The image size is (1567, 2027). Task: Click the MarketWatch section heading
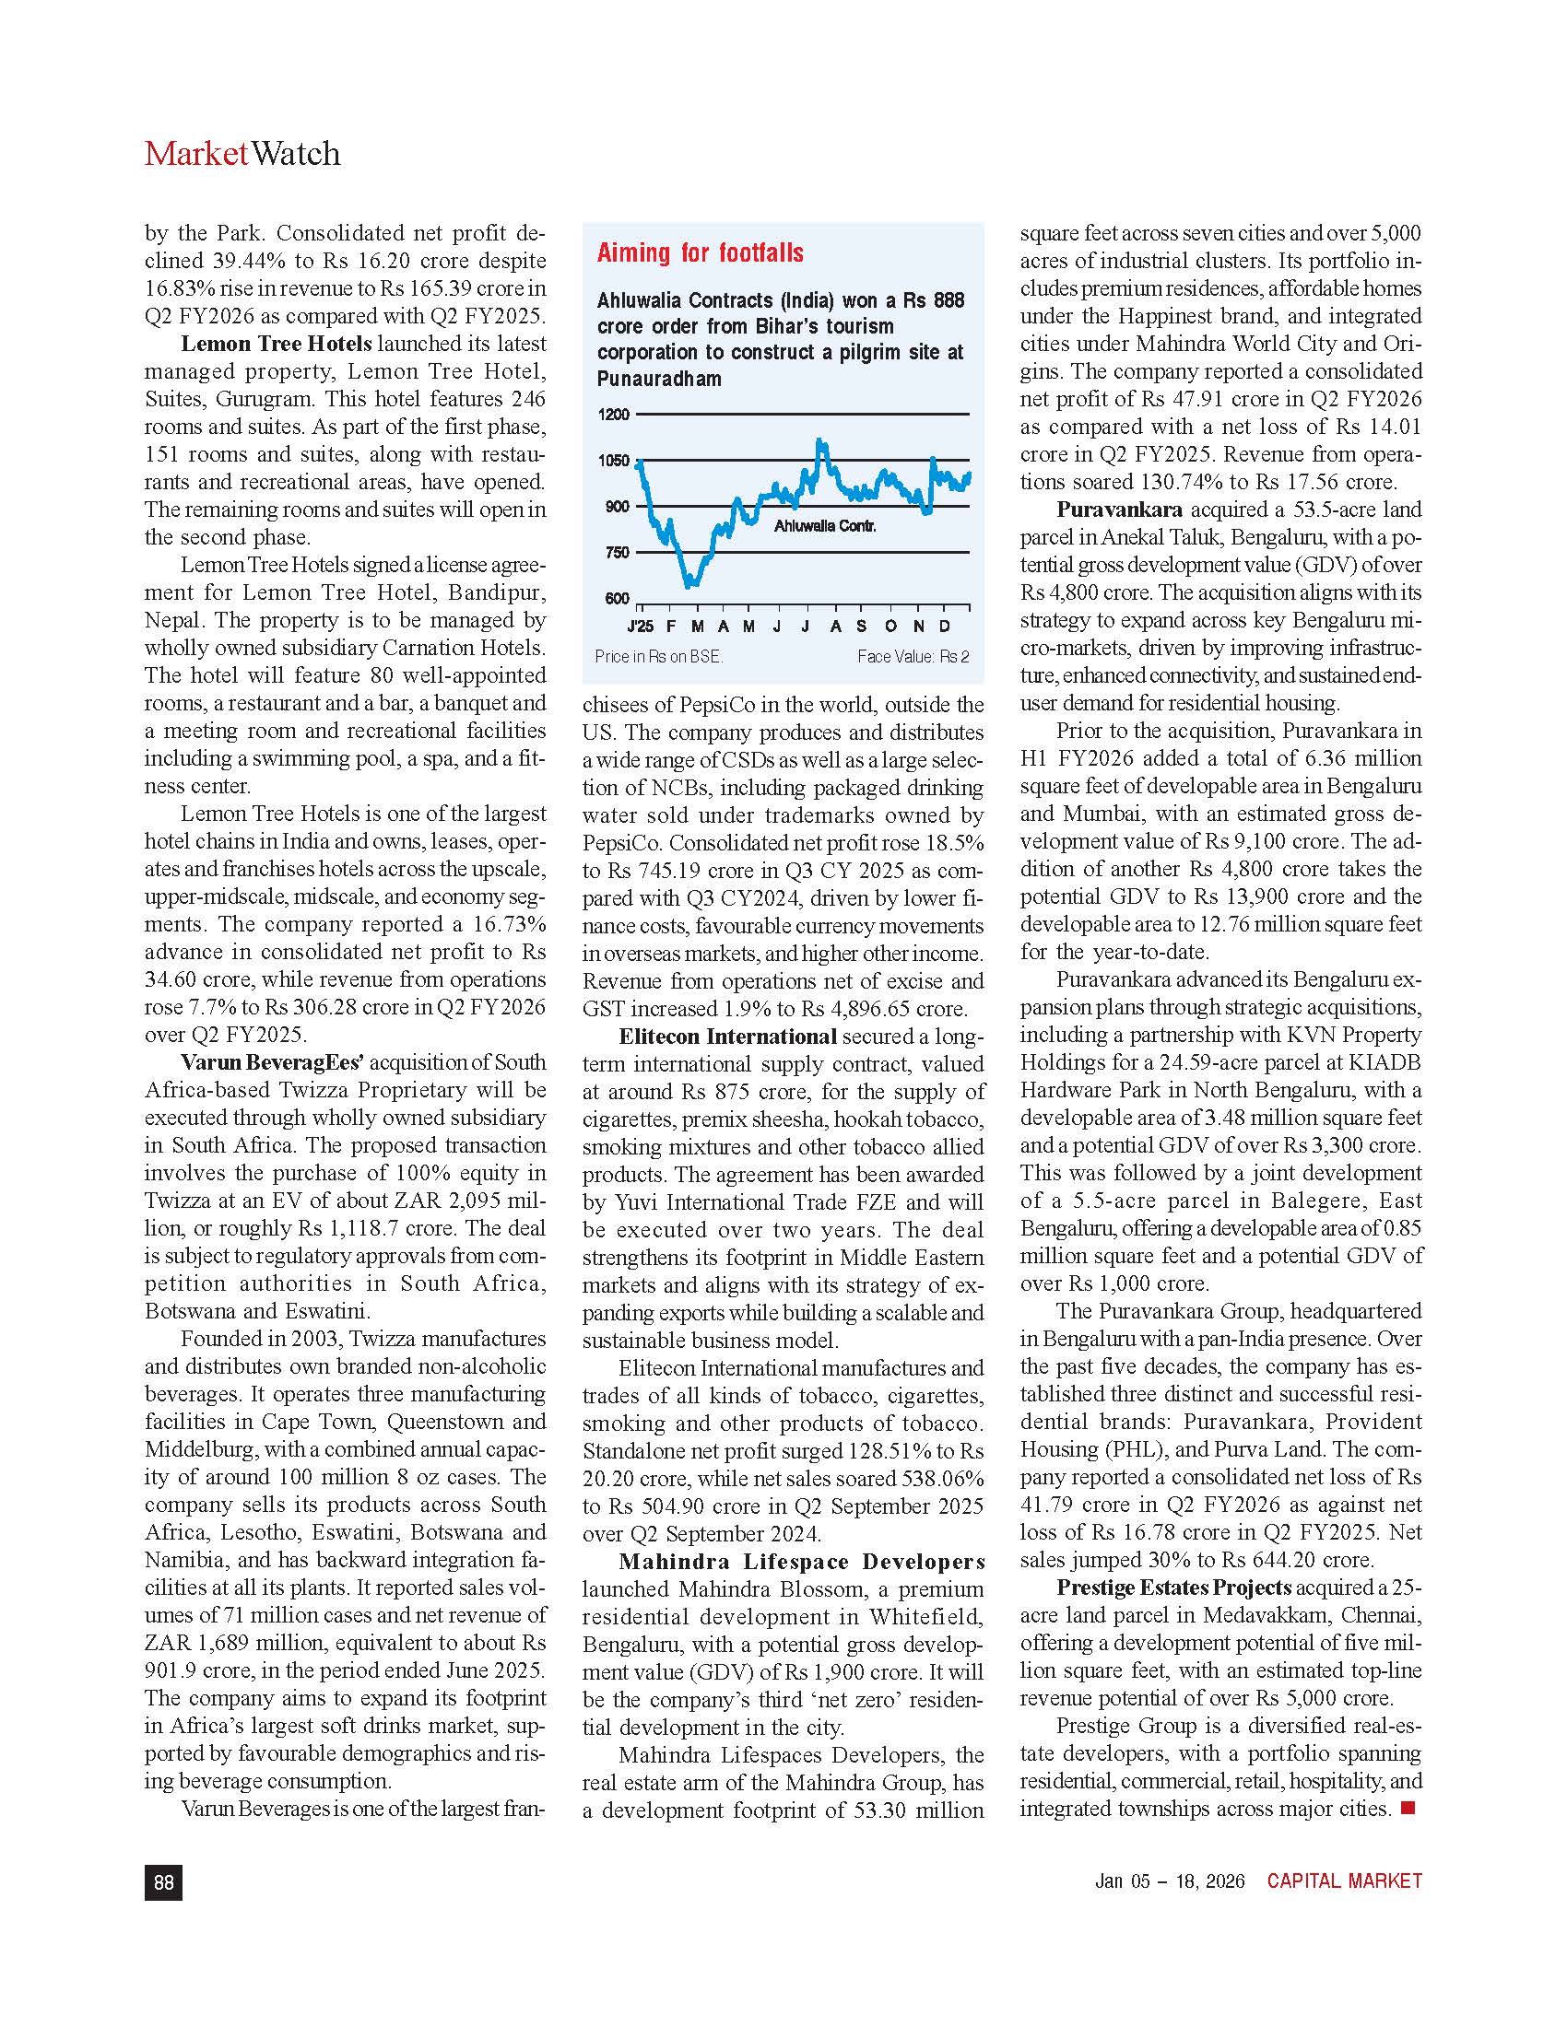tap(242, 153)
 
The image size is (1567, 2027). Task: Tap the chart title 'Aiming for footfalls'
tap(700, 252)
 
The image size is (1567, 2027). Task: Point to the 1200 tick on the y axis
tap(614, 414)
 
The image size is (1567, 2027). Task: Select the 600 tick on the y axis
tap(618, 599)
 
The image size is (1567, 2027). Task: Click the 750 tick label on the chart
tap(618, 552)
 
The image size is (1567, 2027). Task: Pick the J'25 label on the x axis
tap(641, 627)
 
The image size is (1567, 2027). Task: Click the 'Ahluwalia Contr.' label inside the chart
tap(824, 526)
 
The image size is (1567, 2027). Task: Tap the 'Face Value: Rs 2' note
tap(913, 656)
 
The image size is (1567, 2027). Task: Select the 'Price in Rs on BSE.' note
tap(658, 656)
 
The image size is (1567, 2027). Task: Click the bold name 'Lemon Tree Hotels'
tap(276, 344)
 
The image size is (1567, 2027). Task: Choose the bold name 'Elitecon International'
tap(728, 1036)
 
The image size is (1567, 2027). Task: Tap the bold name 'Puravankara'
tap(1119, 510)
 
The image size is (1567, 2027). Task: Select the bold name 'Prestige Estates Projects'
tap(1173, 1588)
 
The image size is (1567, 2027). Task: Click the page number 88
tap(163, 1881)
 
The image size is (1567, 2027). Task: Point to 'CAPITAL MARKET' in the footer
tap(1344, 1881)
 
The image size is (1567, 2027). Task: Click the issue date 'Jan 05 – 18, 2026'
tap(1170, 1881)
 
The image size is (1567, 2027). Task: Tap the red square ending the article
tap(1408, 1807)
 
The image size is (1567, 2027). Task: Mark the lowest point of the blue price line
tap(689, 586)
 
